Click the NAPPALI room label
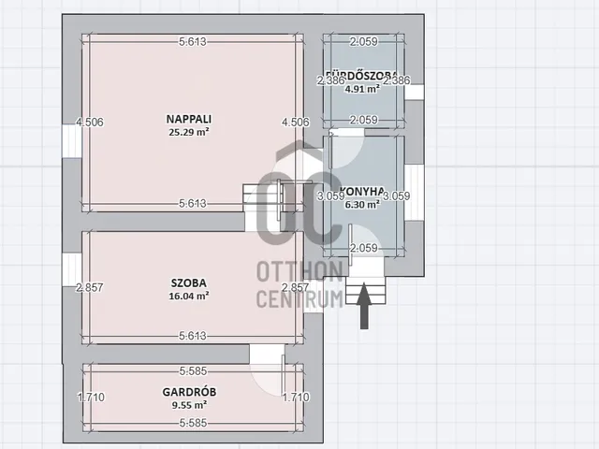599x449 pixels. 187,119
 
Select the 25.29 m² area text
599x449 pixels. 187,132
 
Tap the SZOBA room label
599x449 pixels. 188,282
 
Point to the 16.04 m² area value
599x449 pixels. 188,295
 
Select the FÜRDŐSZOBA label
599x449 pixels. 363,76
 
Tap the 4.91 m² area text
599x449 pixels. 363,89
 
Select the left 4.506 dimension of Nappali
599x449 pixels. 89,122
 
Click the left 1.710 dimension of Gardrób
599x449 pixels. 91,398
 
